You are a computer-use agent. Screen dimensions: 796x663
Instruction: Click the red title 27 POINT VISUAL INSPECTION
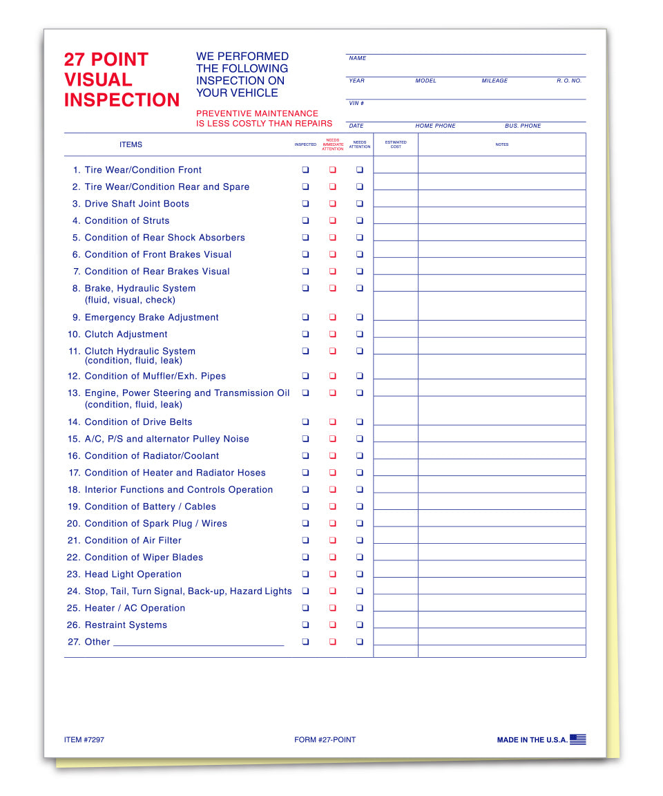pos(122,79)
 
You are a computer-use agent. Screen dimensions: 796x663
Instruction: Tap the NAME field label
pos(358,59)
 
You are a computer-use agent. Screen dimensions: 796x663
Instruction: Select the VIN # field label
pos(356,104)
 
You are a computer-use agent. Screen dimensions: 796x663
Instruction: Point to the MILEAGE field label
pos(494,81)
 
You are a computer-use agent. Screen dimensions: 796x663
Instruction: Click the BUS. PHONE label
pos(523,126)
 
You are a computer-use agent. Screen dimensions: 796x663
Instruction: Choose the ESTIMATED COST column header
pos(396,144)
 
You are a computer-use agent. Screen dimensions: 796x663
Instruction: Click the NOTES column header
pos(502,144)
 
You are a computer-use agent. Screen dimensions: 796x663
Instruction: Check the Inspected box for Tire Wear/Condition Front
pos(305,170)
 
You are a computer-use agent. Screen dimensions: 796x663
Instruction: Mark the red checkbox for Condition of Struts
pos(332,221)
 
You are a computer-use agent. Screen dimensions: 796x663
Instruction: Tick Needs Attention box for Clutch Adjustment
pos(360,334)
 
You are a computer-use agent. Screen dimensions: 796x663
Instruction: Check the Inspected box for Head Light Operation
pos(305,574)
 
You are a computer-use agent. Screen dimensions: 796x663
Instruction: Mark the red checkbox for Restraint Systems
pos(332,625)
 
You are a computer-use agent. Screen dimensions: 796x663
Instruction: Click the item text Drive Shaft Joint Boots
pos(137,204)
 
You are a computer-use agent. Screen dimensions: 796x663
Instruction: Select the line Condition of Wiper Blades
pos(144,558)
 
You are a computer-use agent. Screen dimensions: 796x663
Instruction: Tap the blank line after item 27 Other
pos(198,643)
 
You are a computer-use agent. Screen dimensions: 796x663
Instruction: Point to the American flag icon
pos(578,739)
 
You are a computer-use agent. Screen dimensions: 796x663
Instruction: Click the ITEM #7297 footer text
pos(84,740)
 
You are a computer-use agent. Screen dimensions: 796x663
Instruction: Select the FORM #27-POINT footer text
pos(325,740)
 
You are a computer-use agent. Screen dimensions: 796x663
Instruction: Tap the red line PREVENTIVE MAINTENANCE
pos(257,113)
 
